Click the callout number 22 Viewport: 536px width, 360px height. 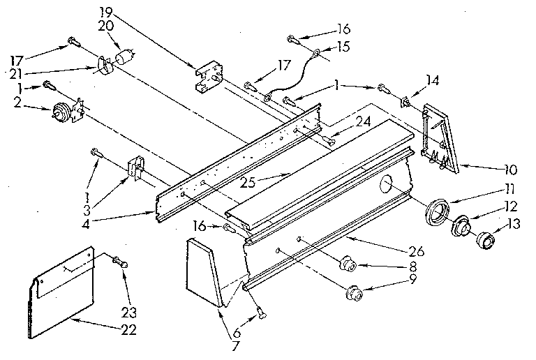(128, 329)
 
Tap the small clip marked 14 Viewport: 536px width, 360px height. (405, 103)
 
